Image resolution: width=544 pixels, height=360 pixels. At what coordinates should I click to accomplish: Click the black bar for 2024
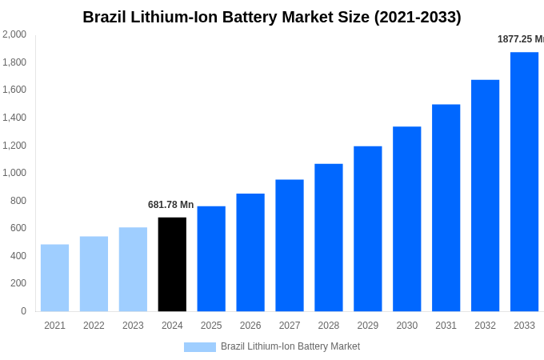point(172,264)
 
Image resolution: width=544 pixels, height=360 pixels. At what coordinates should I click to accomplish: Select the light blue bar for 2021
point(54,278)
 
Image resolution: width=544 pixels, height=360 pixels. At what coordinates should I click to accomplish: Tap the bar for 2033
point(524,182)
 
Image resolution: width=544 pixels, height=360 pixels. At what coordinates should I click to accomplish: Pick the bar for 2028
point(328,238)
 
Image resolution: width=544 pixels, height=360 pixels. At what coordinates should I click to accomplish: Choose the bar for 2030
point(406,218)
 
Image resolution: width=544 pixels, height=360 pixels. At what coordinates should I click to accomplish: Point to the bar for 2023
point(133,269)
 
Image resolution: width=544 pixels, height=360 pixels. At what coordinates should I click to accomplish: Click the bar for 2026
point(250,252)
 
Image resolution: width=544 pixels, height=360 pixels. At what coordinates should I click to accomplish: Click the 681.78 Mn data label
point(170,205)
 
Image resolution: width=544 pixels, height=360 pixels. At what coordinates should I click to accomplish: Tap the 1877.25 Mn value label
point(520,39)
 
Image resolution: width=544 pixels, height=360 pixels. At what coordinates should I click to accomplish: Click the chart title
point(272,17)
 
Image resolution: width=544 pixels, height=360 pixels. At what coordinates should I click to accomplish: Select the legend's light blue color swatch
point(199,347)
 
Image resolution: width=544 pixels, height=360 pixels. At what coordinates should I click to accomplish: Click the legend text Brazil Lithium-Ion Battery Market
point(290,346)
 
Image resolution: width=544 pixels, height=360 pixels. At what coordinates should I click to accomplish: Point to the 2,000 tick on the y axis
point(14,34)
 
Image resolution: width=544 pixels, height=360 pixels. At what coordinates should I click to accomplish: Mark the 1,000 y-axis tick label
point(14,173)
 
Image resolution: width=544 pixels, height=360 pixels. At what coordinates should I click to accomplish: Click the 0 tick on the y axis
point(23,311)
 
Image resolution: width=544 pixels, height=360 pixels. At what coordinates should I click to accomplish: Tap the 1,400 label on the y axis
point(14,118)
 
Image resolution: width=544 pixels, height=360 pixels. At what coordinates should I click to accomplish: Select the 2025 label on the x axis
point(211,326)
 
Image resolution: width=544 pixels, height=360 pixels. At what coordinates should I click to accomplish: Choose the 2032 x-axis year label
point(485,326)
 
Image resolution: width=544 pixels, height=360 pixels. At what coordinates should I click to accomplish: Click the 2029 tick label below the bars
point(367,326)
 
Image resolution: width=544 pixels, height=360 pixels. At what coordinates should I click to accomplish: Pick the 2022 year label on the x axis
point(94,326)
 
